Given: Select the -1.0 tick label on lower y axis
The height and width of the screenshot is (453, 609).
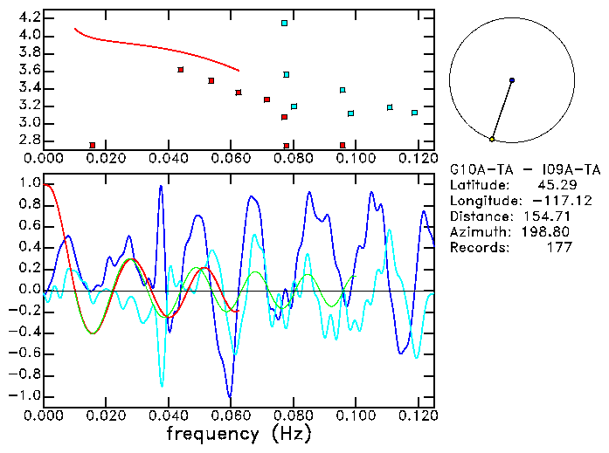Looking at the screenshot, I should [x=25, y=395].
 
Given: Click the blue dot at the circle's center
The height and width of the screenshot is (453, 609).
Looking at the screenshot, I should [x=512, y=80].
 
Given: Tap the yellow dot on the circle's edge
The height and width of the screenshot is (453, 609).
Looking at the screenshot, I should [x=492, y=139].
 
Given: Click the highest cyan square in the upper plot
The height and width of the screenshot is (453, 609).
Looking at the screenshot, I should [x=284, y=23].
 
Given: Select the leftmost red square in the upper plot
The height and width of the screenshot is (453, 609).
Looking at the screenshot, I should [x=92, y=145].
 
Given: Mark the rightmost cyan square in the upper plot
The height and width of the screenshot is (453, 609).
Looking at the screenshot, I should [x=414, y=113].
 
